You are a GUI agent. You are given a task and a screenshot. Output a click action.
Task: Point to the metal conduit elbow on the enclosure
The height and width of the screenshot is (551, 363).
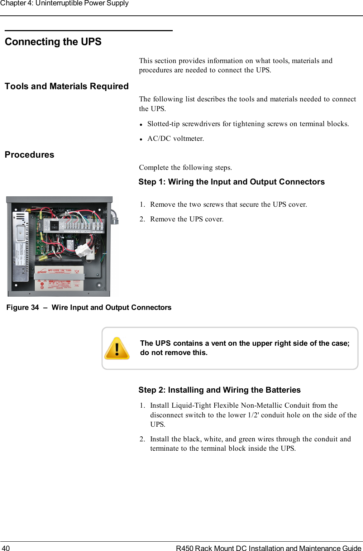pyautogui.click(x=114, y=216)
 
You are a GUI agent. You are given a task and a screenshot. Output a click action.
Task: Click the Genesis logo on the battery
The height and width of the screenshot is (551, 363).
pyautogui.click(x=42, y=272)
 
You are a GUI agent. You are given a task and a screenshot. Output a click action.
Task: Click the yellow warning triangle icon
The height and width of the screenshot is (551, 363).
pyautogui.click(x=117, y=349)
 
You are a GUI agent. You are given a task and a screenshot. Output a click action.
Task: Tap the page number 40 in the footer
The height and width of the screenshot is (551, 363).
pyautogui.click(x=6, y=548)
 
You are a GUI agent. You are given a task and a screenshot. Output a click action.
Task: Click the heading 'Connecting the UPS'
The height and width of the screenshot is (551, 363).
pyautogui.click(x=53, y=42)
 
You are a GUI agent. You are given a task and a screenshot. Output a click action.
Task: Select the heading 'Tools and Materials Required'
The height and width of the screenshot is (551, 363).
pyautogui.click(x=67, y=86)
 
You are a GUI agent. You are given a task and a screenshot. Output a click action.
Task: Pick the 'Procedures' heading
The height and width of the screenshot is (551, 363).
pyautogui.click(x=29, y=155)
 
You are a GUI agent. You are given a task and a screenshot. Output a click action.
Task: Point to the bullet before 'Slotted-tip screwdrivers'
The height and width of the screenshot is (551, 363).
pyautogui.click(x=142, y=125)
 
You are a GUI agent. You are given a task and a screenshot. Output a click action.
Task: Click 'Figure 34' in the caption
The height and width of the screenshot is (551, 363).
pyautogui.click(x=23, y=307)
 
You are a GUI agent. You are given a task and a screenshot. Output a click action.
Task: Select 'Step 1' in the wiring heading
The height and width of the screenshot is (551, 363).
pyautogui.click(x=152, y=182)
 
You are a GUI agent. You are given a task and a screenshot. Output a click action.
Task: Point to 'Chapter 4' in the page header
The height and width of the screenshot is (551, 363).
pyautogui.click(x=16, y=3)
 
